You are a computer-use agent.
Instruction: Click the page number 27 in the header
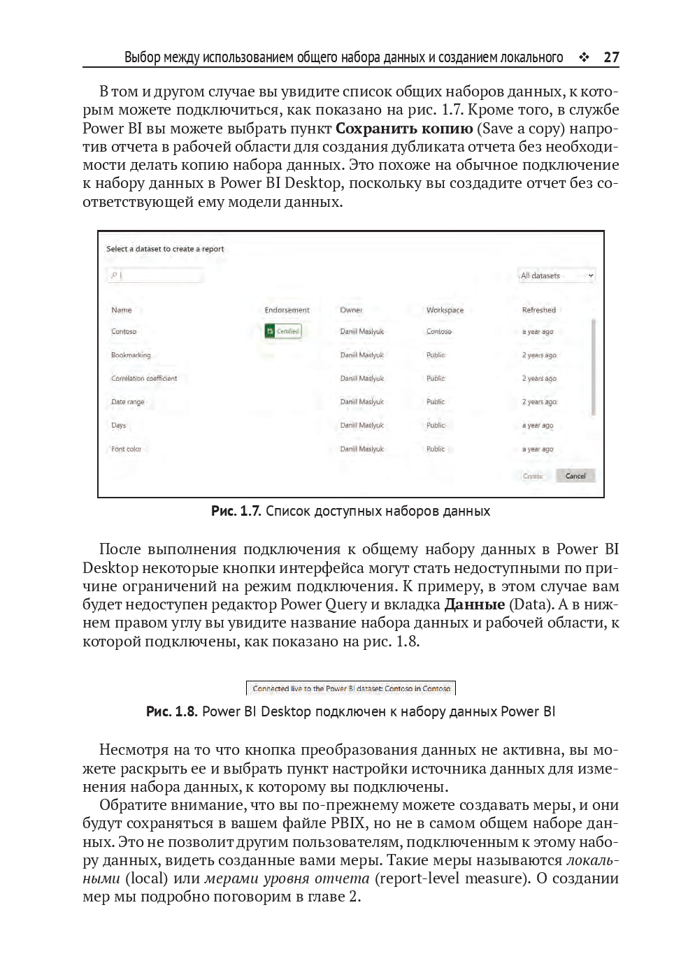click(x=611, y=57)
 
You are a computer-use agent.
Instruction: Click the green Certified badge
click(x=283, y=331)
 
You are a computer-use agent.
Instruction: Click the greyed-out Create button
click(x=533, y=476)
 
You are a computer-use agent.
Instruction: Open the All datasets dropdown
click(x=557, y=275)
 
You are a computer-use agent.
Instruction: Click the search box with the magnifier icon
click(x=155, y=275)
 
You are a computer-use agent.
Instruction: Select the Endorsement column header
click(x=287, y=310)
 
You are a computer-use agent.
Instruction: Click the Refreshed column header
click(x=538, y=310)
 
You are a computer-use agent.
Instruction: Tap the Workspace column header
click(x=445, y=310)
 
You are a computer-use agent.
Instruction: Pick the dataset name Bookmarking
click(x=131, y=355)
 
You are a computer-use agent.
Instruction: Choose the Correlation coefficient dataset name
click(x=144, y=379)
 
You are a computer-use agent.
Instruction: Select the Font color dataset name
click(x=127, y=449)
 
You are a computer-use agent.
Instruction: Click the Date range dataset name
click(x=128, y=402)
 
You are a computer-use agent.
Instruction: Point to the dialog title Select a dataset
click(x=165, y=249)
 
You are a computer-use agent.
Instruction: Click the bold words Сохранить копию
click(x=404, y=129)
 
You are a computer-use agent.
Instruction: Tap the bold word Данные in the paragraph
click(x=475, y=605)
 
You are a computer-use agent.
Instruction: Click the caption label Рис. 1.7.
click(x=236, y=512)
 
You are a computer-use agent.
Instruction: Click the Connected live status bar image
click(x=351, y=688)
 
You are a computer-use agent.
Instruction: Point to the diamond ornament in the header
click(x=584, y=57)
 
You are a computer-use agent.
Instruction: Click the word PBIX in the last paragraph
click(x=348, y=823)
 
